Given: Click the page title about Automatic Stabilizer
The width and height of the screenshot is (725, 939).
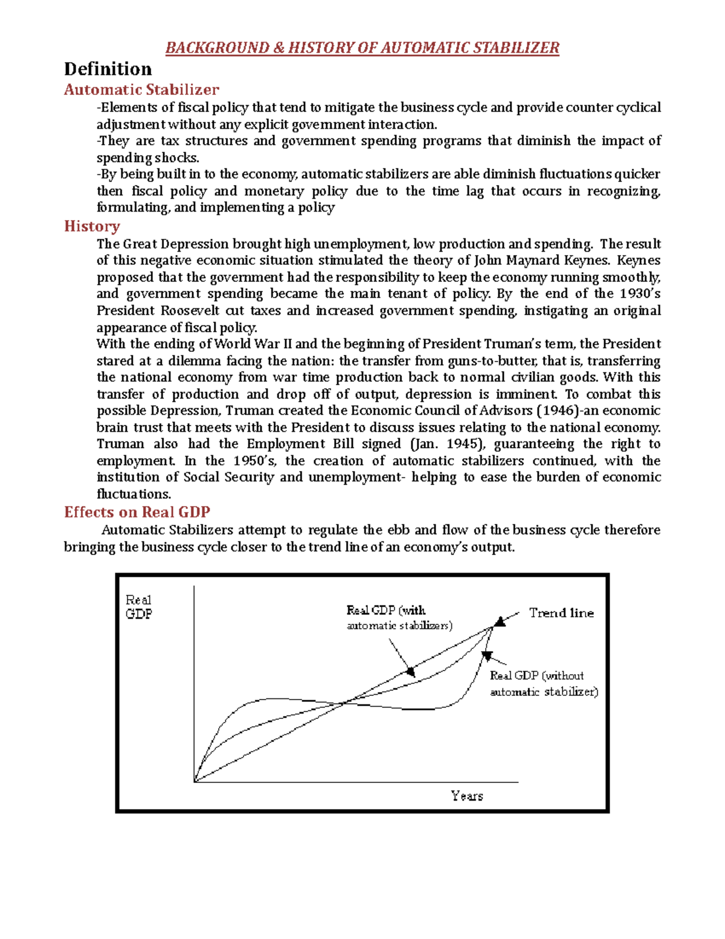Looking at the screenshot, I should point(362,48).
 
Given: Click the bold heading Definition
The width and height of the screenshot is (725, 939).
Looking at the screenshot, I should point(108,69).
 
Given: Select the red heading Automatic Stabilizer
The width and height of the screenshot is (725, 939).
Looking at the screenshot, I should point(141,89).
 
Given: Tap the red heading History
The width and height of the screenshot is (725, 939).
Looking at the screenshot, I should point(92,226).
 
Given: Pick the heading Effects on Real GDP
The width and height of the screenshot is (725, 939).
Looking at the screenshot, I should point(137,512).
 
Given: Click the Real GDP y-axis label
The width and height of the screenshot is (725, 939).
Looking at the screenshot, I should point(138,607).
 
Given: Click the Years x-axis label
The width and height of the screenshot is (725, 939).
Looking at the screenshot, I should point(467,796).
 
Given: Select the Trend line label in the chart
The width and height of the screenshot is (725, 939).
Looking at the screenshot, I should point(561,613).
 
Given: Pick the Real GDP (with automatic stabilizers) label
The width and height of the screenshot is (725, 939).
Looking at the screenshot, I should point(399,617).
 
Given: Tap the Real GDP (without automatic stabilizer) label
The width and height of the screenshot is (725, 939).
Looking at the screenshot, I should point(544,684).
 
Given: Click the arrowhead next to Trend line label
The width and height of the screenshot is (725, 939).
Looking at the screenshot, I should point(500,622).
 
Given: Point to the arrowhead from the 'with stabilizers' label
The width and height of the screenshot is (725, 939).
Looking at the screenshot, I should point(410,671).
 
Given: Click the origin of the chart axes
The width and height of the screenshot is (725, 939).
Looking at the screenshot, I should point(194,782).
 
